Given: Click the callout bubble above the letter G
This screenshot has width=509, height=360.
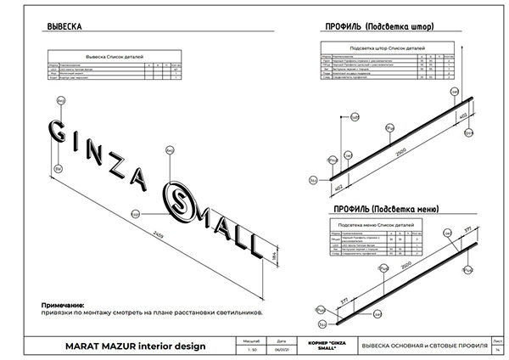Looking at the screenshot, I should point(60,100).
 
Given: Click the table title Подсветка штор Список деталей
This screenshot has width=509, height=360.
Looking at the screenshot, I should point(386,49).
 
